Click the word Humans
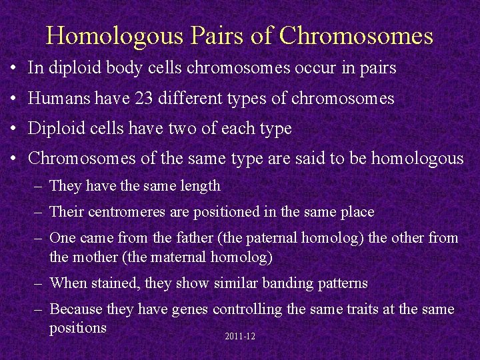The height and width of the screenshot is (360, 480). pyautogui.click(x=57, y=99)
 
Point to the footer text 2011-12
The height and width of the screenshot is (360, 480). pyautogui.click(x=240, y=337)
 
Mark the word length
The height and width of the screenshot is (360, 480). pyautogui.click(x=200, y=186)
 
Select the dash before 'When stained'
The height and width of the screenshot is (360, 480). pyautogui.click(x=39, y=283)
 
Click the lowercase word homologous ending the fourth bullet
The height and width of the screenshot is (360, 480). pyautogui.click(x=417, y=159)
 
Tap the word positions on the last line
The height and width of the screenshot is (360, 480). pyautogui.click(x=78, y=328)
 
